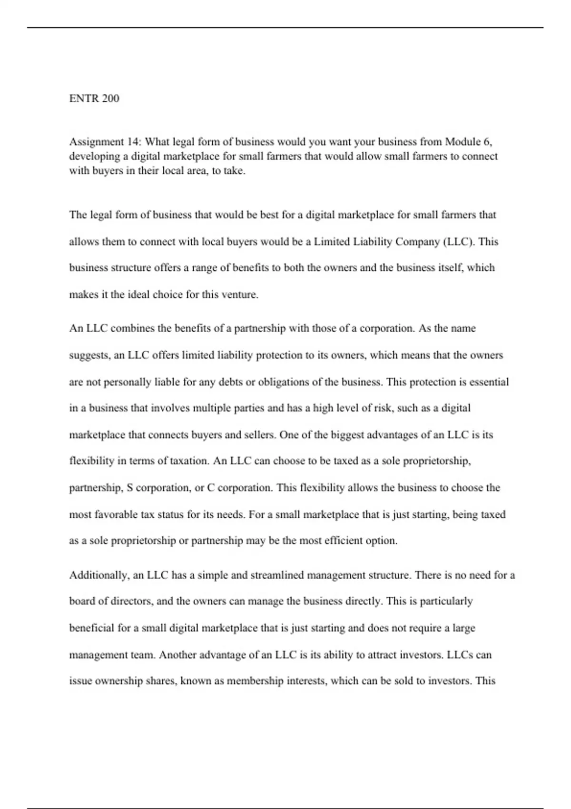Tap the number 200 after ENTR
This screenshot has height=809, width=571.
(110, 99)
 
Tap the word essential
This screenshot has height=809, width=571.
(489, 382)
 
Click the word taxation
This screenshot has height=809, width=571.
(189, 461)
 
